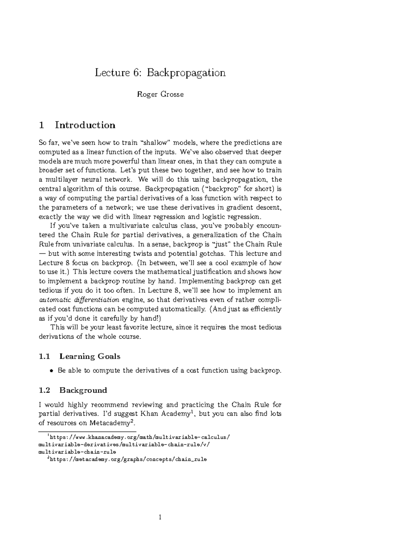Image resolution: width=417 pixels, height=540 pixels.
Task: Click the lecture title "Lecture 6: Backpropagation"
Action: tap(160, 73)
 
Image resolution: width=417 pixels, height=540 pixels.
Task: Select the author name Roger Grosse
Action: tap(160, 95)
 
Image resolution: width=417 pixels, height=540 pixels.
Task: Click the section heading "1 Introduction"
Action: tap(77, 125)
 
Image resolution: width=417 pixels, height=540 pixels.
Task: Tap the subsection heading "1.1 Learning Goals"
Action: tap(80, 356)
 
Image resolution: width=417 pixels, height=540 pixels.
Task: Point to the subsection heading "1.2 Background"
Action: tap(73, 390)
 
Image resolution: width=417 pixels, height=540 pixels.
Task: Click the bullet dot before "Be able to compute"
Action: tap(51, 371)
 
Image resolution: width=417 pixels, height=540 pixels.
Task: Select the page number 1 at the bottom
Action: tap(160, 518)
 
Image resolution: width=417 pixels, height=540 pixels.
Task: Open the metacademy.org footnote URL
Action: tap(128, 459)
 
